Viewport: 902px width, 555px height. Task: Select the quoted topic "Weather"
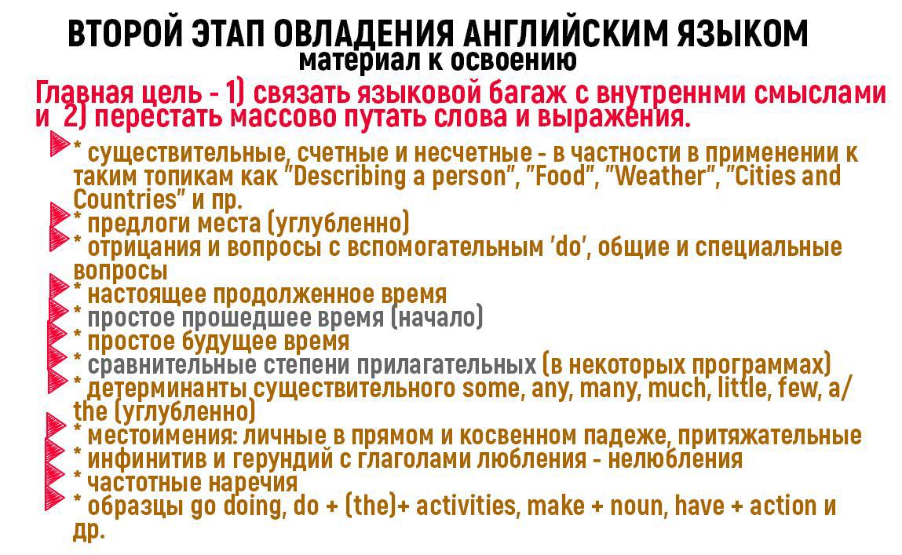(x=663, y=176)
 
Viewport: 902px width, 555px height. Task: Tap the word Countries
(x=125, y=199)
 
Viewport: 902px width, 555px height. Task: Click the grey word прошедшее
(x=246, y=317)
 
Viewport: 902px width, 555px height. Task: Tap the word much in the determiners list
(x=677, y=389)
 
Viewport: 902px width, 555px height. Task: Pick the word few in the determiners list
(x=798, y=389)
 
